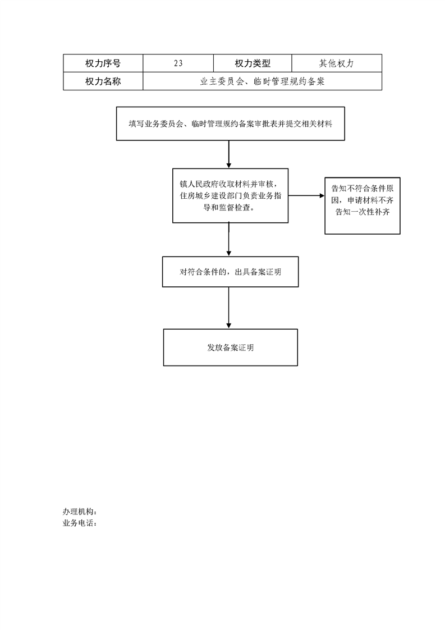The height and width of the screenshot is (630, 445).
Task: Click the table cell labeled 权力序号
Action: coord(103,63)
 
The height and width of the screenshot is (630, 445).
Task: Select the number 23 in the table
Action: coord(178,63)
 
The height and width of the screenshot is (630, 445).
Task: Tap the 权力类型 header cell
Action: coord(253,63)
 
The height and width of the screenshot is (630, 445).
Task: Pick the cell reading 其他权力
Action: coord(337,63)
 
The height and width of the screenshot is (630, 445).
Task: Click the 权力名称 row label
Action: coord(103,81)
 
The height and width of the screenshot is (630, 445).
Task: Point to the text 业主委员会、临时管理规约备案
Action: coord(262,81)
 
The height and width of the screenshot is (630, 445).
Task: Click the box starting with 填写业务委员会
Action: coord(231,124)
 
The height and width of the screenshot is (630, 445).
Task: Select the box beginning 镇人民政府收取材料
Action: coord(231,195)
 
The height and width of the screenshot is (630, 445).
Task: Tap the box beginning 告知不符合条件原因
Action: coord(363,206)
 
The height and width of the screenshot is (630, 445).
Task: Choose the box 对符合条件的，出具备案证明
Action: coord(231,272)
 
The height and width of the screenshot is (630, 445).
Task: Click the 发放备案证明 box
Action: coord(231,348)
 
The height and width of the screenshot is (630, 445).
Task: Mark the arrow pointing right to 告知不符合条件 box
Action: coord(306,195)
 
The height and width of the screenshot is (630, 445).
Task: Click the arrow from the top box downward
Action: coord(229,154)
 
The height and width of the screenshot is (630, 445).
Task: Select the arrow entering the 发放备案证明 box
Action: coord(229,308)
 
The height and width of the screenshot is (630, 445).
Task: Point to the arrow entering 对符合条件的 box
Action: coord(229,239)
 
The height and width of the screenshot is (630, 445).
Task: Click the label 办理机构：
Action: coord(80,512)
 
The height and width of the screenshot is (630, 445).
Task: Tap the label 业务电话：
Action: coord(80,523)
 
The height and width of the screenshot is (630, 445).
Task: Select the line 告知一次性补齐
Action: coord(363,212)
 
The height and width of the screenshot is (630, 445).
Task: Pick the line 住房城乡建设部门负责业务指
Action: coord(231,196)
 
